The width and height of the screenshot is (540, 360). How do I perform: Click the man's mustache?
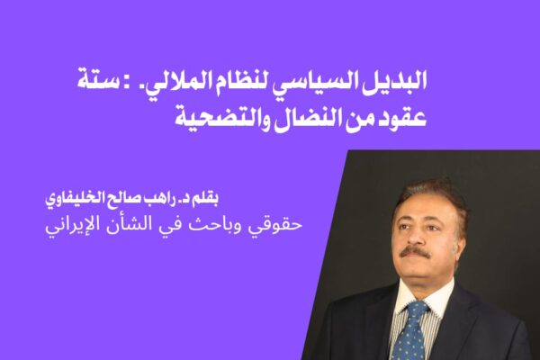tap(415, 253)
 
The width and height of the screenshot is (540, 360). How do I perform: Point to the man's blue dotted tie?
tap(409, 331)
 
